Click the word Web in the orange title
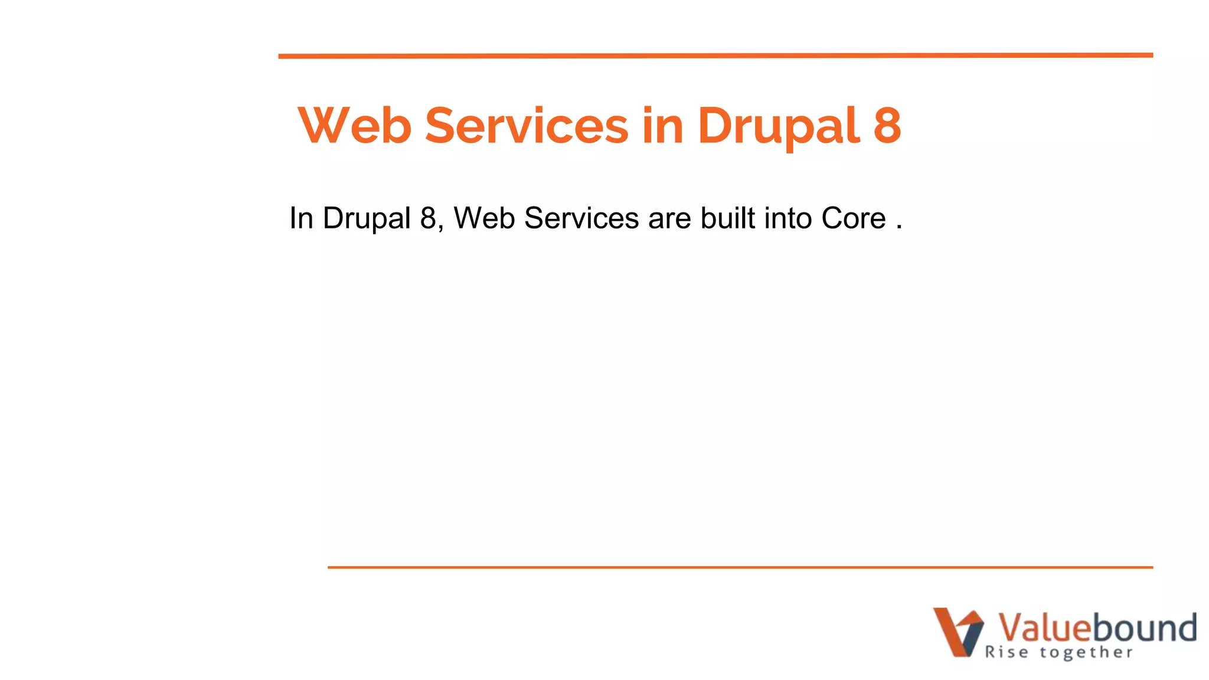355,125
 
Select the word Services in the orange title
527,125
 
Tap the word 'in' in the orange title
663,125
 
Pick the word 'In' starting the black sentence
301,218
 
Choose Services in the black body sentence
581,218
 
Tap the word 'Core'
854,218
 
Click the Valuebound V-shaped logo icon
958,632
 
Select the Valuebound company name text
1097,627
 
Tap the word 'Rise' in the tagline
1007,652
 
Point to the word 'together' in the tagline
1086,653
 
